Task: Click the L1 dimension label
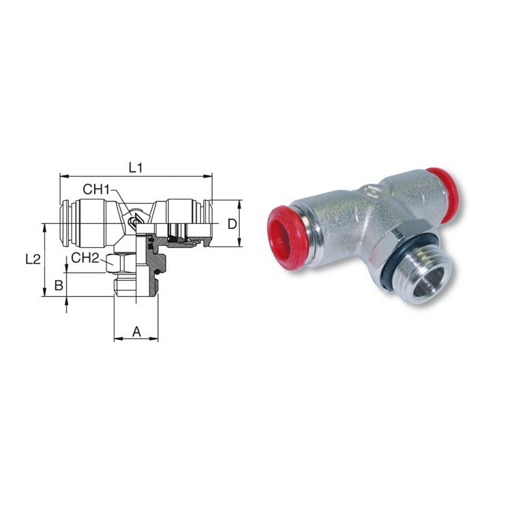(x=136, y=167)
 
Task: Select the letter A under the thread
(x=136, y=332)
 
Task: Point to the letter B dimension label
(x=59, y=285)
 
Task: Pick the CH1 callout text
(x=96, y=189)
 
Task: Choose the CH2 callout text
(x=85, y=257)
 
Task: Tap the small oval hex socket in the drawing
(x=135, y=221)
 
